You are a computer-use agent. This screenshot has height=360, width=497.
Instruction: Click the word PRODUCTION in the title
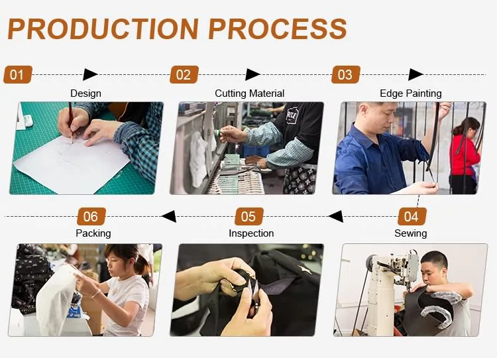[x=103, y=29]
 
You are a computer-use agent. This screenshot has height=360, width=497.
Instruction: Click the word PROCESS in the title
[x=278, y=29]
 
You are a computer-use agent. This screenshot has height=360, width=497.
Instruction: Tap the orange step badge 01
[x=18, y=74]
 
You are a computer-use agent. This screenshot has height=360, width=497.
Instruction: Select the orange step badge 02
[x=184, y=74]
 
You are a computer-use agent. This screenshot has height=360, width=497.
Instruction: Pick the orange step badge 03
[x=346, y=74]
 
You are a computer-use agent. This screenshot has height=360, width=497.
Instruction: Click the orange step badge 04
[x=412, y=216]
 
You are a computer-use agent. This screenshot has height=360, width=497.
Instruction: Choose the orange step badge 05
[x=249, y=216]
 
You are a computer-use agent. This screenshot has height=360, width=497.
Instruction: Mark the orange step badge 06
[x=91, y=216]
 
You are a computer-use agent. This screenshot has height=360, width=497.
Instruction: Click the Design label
[x=85, y=93]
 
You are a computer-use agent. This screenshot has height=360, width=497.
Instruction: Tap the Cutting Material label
[x=249, y=93]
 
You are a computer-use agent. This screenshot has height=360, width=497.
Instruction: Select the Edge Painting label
[x=410, y=93]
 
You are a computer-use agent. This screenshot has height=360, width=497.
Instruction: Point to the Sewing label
[x=410, y=233]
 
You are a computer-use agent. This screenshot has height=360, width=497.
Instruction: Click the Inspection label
[x=251, y=233]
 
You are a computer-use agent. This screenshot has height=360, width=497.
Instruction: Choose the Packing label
[x=93, y=233]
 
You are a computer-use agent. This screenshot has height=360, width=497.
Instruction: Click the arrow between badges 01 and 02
[x=90, y=74]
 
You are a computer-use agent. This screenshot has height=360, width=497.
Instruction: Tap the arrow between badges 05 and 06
[x=168, y=216]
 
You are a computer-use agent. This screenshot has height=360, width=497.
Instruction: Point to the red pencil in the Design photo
[x=71, y=123]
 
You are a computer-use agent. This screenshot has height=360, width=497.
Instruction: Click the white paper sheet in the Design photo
[x=72, y=164]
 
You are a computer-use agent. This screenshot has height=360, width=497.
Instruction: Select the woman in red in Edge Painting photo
[x=465, y=155]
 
